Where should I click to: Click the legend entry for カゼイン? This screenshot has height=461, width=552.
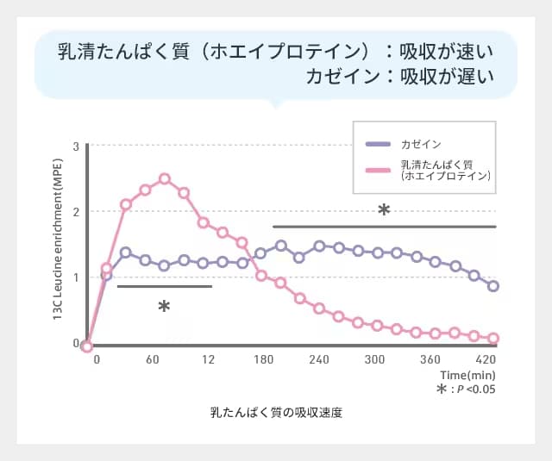(422, 144)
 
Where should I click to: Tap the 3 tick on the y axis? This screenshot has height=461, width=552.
(76, 146)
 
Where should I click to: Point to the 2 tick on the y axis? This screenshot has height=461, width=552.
(76, 212)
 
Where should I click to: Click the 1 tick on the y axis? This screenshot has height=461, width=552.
(76, 277)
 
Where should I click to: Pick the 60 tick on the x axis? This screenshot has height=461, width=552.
(152, 359)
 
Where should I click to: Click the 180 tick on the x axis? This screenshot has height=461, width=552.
(263, 359)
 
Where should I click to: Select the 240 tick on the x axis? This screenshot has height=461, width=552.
(319, 359)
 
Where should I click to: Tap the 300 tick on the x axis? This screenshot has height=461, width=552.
(374, 359)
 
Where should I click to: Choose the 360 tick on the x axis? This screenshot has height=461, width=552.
(430, 359)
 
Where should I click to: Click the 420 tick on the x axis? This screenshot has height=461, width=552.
(485, 359)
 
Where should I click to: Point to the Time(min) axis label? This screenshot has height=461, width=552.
(467, 375)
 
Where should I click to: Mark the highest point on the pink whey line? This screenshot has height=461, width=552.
(165, 179)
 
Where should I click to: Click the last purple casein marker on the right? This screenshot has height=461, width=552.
(492, 286)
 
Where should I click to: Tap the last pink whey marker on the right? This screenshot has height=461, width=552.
(492, 339)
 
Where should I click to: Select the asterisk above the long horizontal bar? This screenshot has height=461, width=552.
(384, 210)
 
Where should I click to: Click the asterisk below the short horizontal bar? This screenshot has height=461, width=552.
(164, 307)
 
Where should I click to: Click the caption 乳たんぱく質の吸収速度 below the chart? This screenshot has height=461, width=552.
(276, 413)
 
